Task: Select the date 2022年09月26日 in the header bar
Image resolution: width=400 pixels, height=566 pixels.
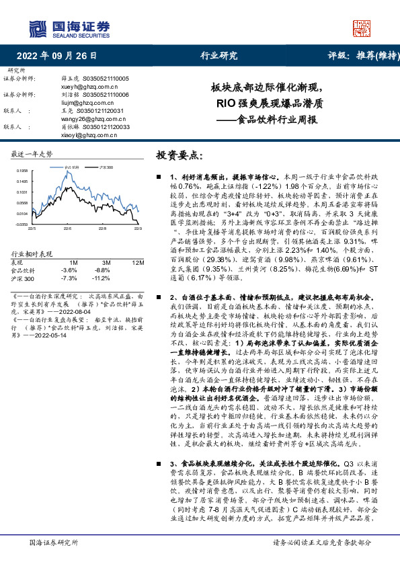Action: [x=56, y=56]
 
